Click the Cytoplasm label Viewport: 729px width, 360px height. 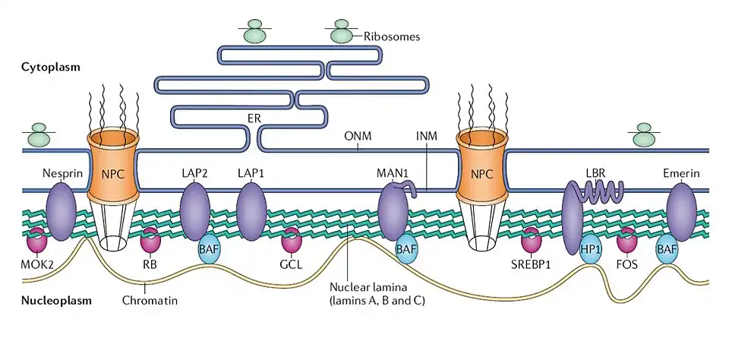(x=51, y=67)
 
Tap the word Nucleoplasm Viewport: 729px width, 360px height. (x=57, y=300)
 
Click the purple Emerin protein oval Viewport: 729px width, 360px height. (x=681, y=212)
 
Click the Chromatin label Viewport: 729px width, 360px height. (x=150, y=301)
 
